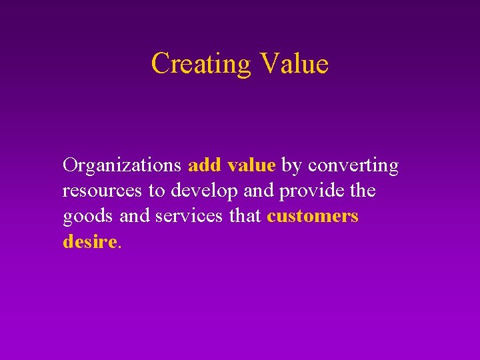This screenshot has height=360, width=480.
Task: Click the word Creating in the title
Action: click(200, 64)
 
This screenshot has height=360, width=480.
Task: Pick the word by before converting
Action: click(291, 166)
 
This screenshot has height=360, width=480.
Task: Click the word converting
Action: click(353, 166)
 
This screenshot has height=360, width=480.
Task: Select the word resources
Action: click(103, 191)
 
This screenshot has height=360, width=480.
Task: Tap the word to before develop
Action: click(156, 191)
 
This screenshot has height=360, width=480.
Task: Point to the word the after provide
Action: click(363, 191)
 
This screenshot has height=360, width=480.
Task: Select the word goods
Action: click(83, 217)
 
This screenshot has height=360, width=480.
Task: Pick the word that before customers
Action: click(242, 217)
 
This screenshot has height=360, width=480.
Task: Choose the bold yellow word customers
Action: click(313, 217)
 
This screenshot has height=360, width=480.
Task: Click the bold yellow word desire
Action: click(89, 242)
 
